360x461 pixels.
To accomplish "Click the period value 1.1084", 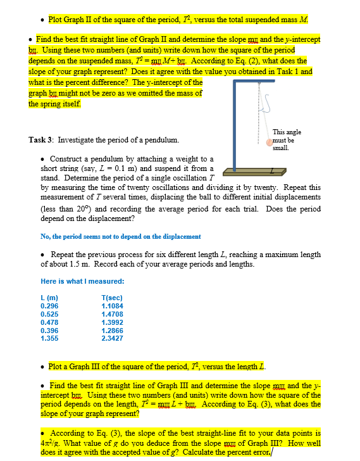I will pos(112,305).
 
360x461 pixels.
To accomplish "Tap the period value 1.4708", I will pos(112,313).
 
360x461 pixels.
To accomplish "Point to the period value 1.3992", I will pos(112,321).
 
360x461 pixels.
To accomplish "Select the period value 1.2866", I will pos(112,329).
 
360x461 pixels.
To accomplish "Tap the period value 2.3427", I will pos(112,338).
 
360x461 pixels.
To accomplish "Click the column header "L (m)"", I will pos(49,297).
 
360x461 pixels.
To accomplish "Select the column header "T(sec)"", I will pos(112,297).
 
